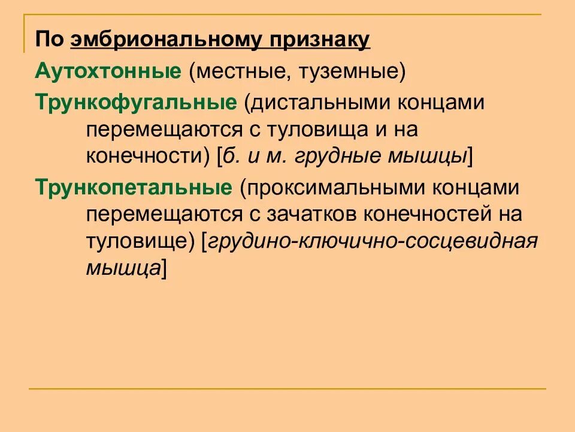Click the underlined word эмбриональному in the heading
(x=166, y=41)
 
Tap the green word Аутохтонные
(x=108, y=72)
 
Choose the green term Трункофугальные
(x=136, y=102)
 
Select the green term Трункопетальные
(x=134, y=187)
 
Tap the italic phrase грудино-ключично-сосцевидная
(x=371, y=242)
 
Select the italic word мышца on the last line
(x=122, y=268)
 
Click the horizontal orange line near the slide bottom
(x=287, y=389)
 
